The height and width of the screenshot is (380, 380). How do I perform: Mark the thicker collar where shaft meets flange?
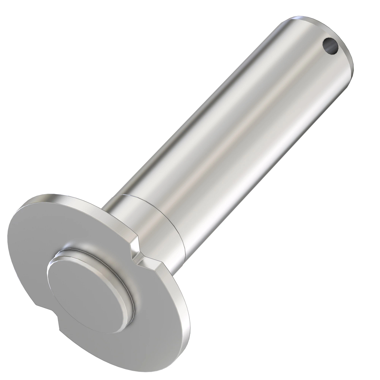point(158,222)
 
